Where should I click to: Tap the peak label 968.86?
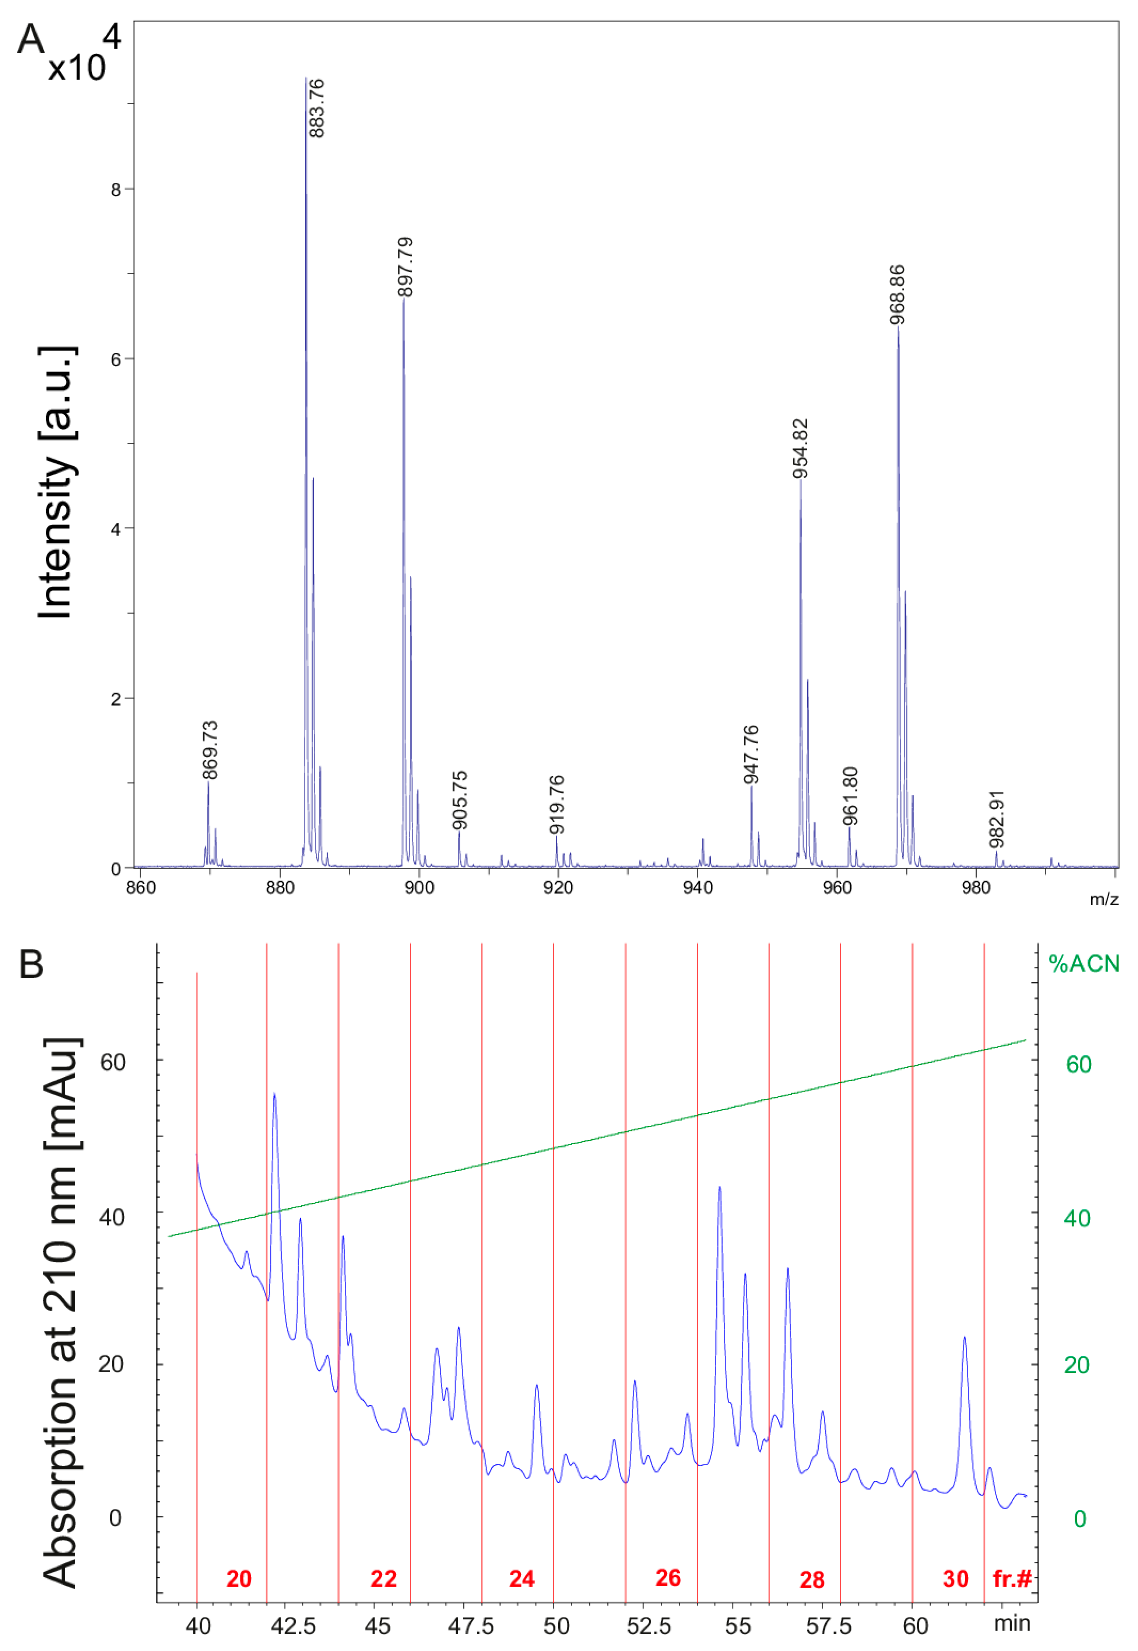tap(898, 294)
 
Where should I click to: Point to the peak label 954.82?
tap(801, 448)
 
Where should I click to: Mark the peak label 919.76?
tap(557, 804)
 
